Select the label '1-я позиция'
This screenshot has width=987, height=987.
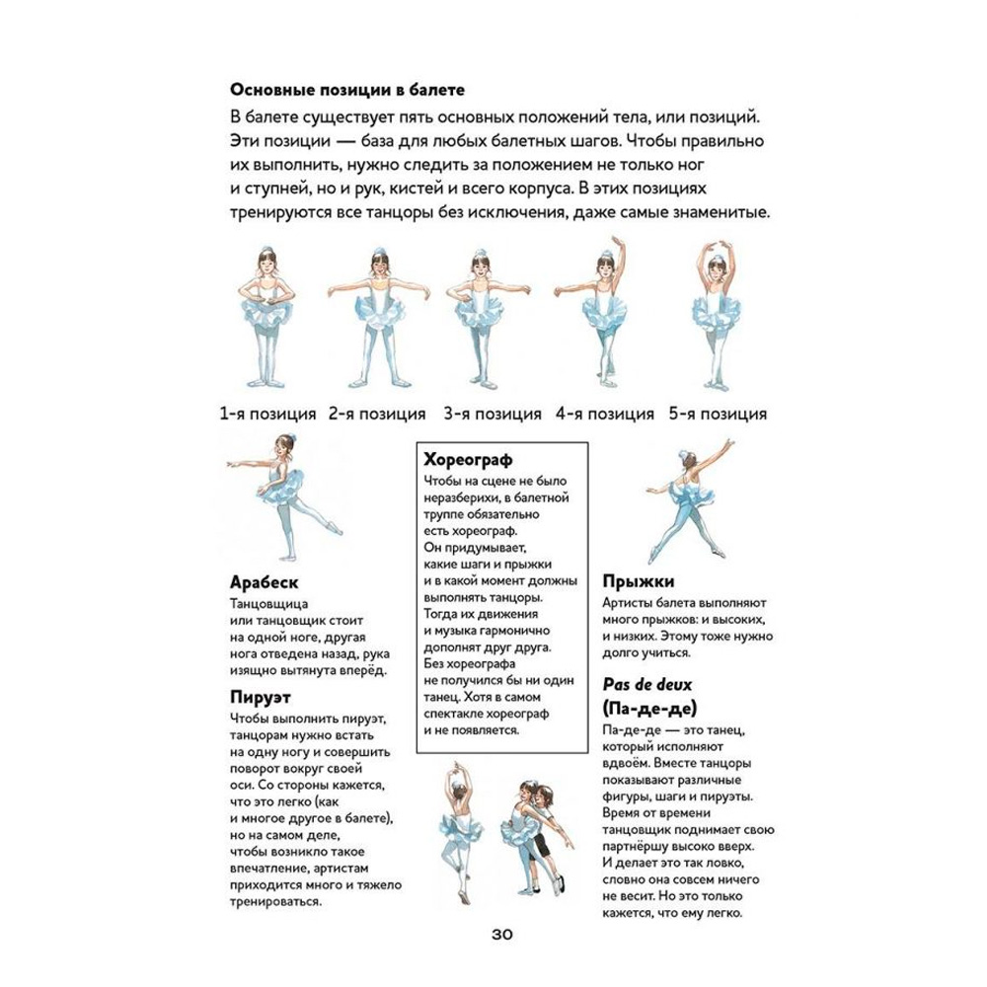click(x=267, y=414)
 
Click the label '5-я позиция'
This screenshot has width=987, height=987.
click(x=718, y=414)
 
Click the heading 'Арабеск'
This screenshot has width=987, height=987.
click(x=263, y=582)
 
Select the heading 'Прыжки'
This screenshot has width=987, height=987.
click(x=638, y=582)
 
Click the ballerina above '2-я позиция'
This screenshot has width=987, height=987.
click(x=376, y=316)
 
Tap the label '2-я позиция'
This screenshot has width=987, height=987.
click(x=378, y=414)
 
